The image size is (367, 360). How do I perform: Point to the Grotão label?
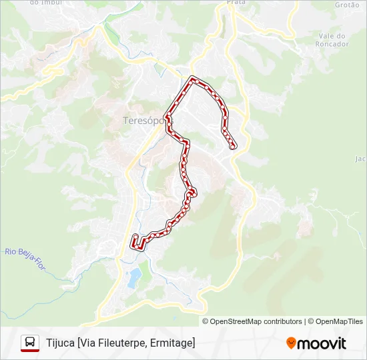coord(347,5)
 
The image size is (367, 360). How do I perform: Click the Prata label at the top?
coord(236,3)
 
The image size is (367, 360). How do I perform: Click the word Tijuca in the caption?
coord(60,343)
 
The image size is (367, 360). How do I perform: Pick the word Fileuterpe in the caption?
coord(124,343)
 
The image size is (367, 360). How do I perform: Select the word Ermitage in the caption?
coord(174,343)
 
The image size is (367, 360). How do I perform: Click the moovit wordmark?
coord(322,343)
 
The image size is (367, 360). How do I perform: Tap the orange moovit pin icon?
coord(291,343)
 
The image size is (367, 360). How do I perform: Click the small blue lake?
coord(135,276)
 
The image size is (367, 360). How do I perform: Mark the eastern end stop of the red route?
coord(233,147)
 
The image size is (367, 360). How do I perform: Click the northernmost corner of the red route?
coord(194,79)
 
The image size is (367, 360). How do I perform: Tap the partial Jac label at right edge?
coord(361,159)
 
